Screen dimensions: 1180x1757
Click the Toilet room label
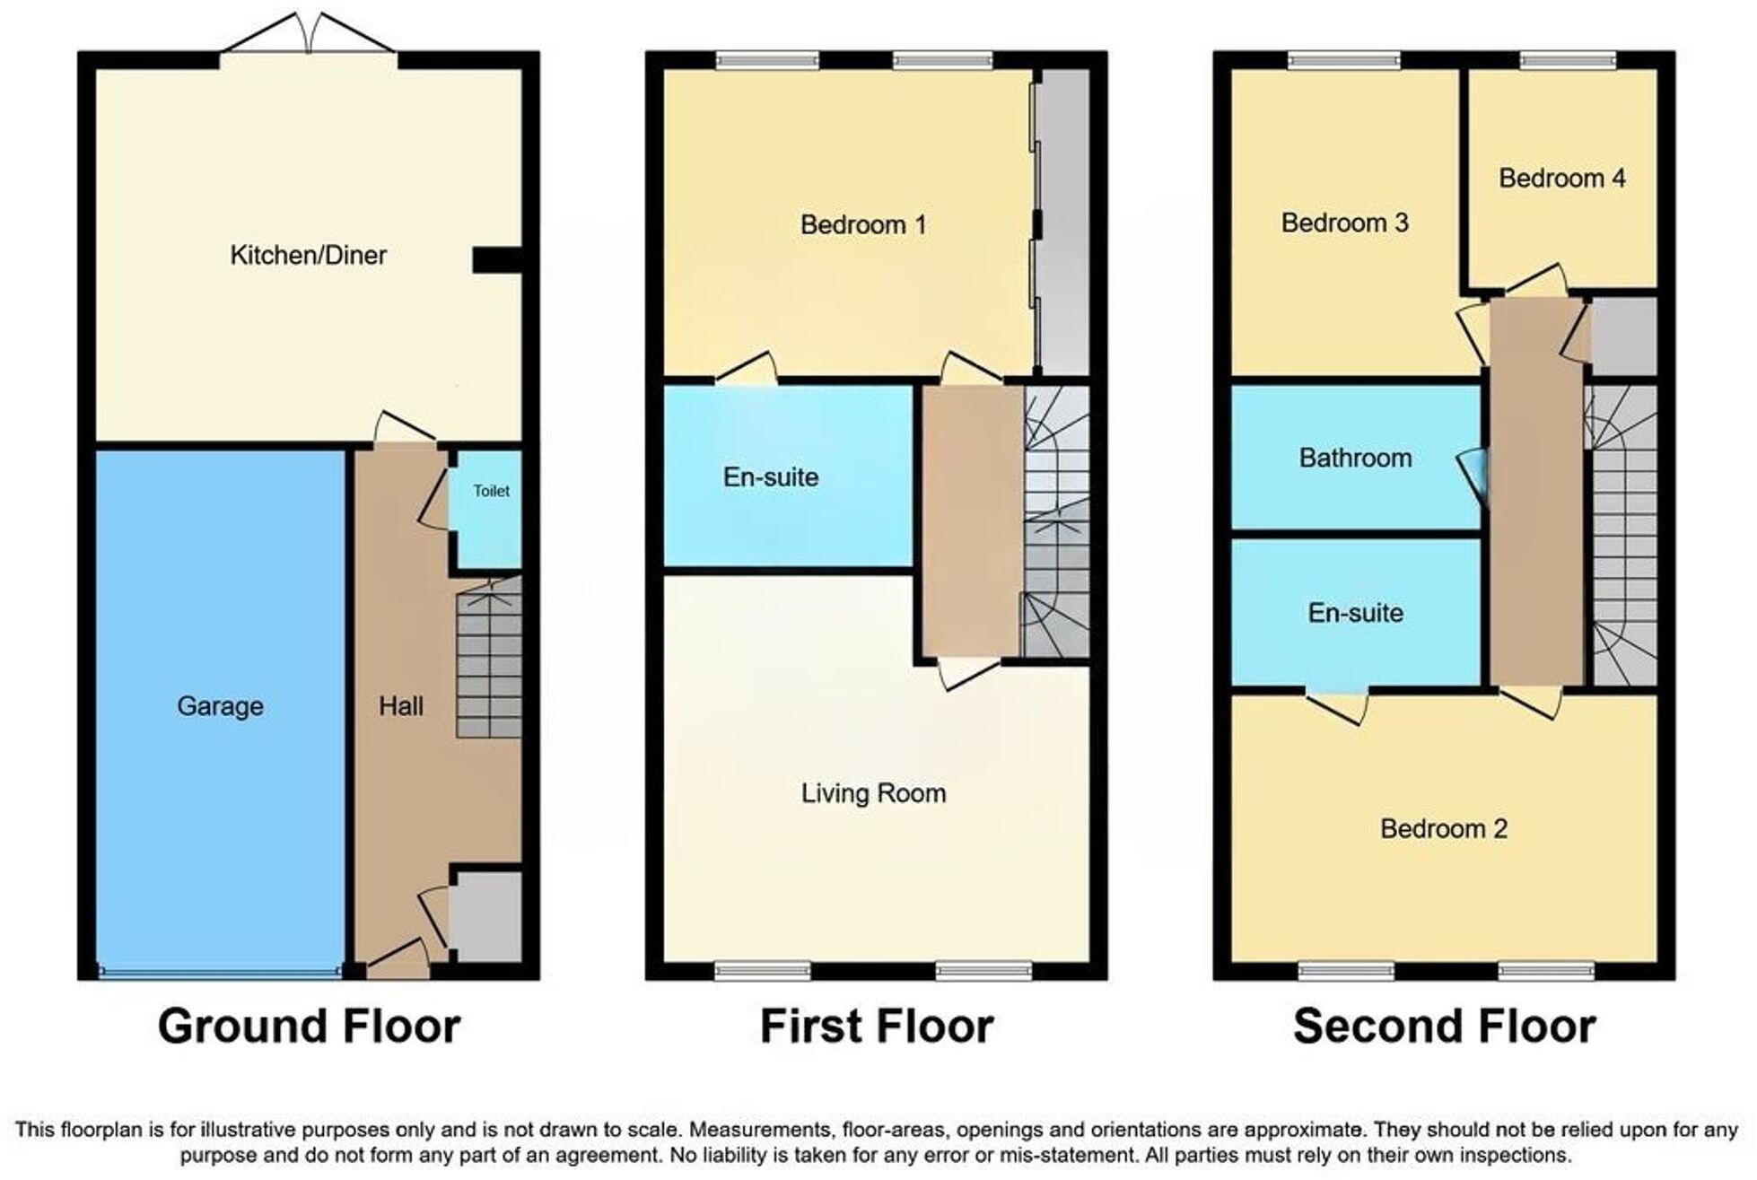(x=491, y=491)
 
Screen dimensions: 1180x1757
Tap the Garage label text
(x=220, y=706)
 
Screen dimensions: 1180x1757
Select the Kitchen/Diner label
(x=308, y=255)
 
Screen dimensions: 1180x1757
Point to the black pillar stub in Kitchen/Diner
(x=496, y=260)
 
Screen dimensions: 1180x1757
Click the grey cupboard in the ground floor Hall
(x=485, y=916)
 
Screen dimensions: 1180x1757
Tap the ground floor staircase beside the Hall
(x=489, y=660)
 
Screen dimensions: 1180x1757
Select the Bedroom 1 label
(x=862, y=224)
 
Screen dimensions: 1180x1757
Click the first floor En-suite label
(x=770, y=476)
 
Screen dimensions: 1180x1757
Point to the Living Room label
(x=873, y=793)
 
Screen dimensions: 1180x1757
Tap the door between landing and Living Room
(x=969, y=674)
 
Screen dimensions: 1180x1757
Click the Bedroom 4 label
(x=1561, y=178)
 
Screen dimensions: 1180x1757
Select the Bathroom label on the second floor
(x=1355, y=458)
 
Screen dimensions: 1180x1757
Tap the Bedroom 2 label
(x=1443, y=828)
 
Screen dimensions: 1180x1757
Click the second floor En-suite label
(x=1355, y=613)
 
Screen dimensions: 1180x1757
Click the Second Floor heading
(x=1444, y=1026)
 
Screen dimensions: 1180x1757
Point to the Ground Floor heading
(x=309, y=1026)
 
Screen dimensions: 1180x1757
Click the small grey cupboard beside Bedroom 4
(x=1623, y=337)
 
